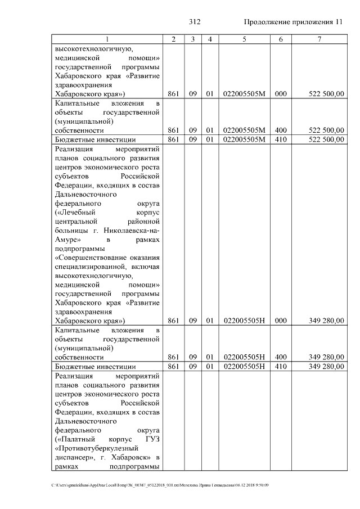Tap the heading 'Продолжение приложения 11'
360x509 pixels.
(292, 22)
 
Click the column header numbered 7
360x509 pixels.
(319, 39)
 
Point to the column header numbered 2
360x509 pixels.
(173, 39)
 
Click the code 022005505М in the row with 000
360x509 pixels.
(244, 93)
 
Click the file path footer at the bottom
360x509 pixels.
(160, 485)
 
